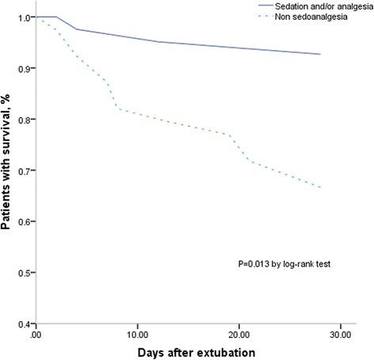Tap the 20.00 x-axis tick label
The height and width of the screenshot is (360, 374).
click(x=239, y=335)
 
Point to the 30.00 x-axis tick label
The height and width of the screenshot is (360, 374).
click(x=341, y=335)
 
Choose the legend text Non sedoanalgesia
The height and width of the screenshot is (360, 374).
click(x=310, y=17)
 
